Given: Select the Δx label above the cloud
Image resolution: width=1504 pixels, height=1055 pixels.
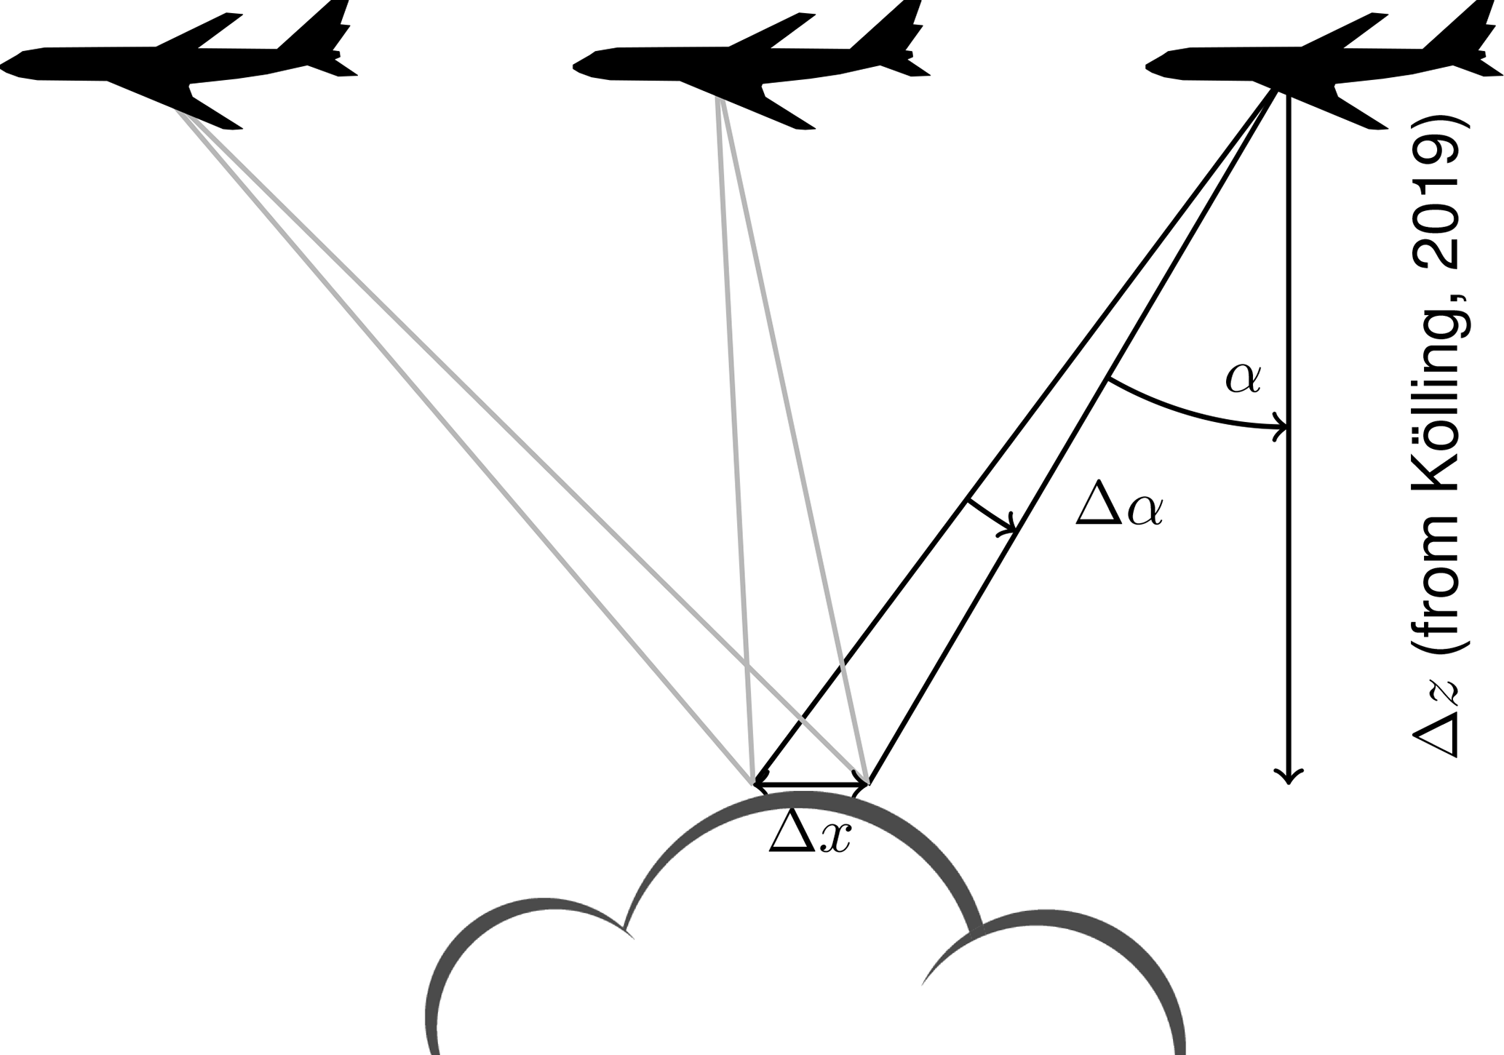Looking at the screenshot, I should (x=810, y=833).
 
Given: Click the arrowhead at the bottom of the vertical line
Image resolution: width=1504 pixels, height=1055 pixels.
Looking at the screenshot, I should (x=1289, y=777).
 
